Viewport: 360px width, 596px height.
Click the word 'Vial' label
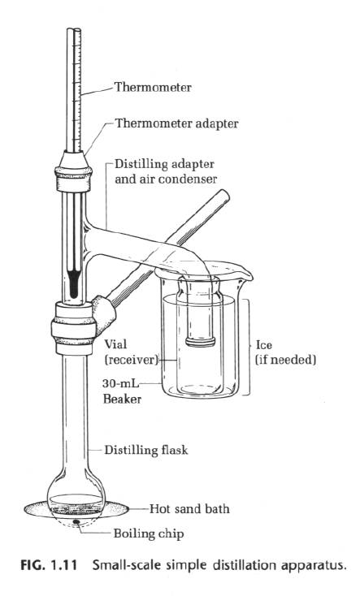(115, 343)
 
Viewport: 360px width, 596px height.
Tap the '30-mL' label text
(119, 383)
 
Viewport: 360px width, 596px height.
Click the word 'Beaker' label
(119, 399)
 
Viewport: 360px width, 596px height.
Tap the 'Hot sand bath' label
(189, 509)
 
